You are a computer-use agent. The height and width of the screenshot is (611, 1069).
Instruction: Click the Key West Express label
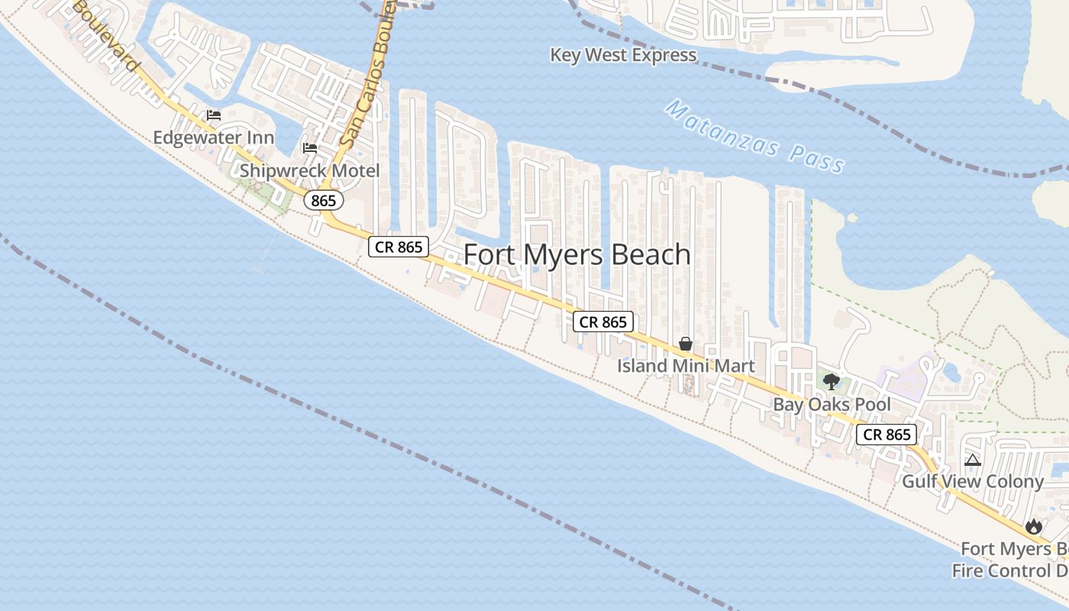coord(623,55)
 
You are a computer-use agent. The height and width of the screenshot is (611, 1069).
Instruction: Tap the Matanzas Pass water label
coord(754,137)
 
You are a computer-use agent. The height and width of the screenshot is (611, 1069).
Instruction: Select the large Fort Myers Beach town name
coord(577,254)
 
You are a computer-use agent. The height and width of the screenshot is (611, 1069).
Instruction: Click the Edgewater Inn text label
coord(214,137)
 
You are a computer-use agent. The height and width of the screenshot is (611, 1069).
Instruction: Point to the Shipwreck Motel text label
coord(309,170)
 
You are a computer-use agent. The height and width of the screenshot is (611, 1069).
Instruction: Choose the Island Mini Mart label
coord(686,366)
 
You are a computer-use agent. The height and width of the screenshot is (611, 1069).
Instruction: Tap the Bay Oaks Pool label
coord(832,404)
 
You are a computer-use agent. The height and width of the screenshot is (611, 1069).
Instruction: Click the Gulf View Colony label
coord(972,481)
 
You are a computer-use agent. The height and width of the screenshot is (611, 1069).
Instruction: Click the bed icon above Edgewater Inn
coord(214,115)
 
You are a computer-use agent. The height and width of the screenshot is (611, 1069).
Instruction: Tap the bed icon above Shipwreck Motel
coord(310,147)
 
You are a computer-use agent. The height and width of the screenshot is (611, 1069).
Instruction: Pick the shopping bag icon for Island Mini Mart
coord(686,344)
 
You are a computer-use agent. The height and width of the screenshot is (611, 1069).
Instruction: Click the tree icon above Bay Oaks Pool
coord(832,381)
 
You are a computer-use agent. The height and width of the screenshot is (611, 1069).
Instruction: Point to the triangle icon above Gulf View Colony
coord(972,460)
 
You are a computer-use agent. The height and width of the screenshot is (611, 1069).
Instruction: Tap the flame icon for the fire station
coord(1034,526)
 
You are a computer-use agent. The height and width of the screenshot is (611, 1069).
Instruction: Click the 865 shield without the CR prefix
coord(324,200)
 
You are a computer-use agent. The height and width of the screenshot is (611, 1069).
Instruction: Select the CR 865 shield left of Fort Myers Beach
coord(399,247)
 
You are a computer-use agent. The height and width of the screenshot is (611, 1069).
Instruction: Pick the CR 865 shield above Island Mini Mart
coord(603,322)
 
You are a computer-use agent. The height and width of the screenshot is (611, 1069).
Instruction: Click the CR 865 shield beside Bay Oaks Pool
coord(886,435)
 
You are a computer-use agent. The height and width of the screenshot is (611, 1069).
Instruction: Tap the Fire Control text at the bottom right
coord(1009,571)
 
